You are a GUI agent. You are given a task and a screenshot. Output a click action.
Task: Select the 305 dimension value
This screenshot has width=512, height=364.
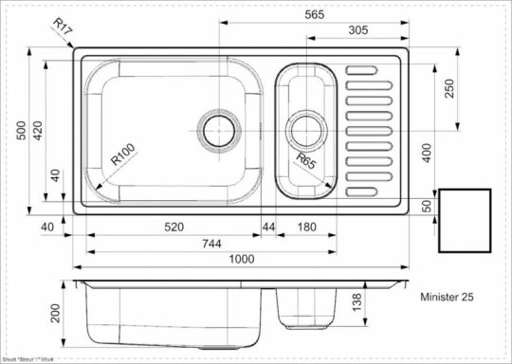[332, 30]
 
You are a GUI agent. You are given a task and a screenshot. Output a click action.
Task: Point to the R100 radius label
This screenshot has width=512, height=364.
[125, 154]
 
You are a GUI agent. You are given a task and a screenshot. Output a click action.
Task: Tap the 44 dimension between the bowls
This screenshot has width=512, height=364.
[268, 228]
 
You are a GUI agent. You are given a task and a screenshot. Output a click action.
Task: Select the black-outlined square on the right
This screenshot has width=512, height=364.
[465, 220]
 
